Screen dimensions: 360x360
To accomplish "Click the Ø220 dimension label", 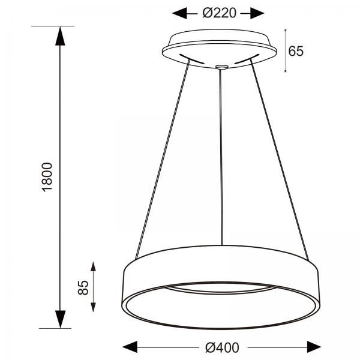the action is click(x=219, y=13).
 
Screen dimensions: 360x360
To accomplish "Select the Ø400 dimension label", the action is click(x=222, y=347).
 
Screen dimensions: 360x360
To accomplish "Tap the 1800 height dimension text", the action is click(x=47, y=177).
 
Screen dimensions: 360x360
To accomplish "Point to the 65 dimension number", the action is click(x=296, y=51).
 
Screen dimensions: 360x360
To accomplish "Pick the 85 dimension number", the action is click(x=83, y=287).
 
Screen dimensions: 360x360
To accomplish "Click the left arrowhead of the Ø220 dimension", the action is click(x=179, y=13).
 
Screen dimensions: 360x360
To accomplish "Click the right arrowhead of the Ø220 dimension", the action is click(x=257, y=13).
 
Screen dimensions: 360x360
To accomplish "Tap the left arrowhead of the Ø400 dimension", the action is click(x=130, y=347).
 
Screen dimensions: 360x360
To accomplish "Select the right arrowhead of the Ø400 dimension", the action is click(x=314, y=347).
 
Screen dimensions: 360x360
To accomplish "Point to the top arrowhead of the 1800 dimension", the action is click(x=60, y=36).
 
